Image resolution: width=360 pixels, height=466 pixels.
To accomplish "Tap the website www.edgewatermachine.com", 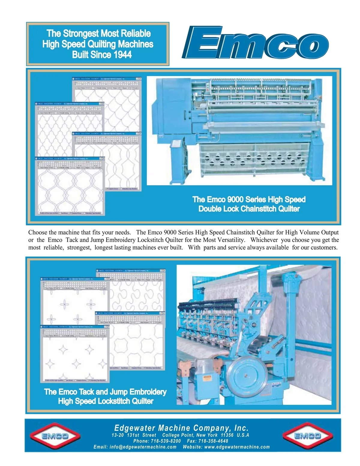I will [x=237, y=447].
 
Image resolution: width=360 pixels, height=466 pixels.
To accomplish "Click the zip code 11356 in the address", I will [x=227, y=435].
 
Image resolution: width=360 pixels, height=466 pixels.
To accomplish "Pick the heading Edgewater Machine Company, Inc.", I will [x=181, y=428].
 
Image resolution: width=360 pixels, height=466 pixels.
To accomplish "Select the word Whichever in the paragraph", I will [x=264, y=240].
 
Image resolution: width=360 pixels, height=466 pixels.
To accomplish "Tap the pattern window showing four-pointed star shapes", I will [x=75, y=356].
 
